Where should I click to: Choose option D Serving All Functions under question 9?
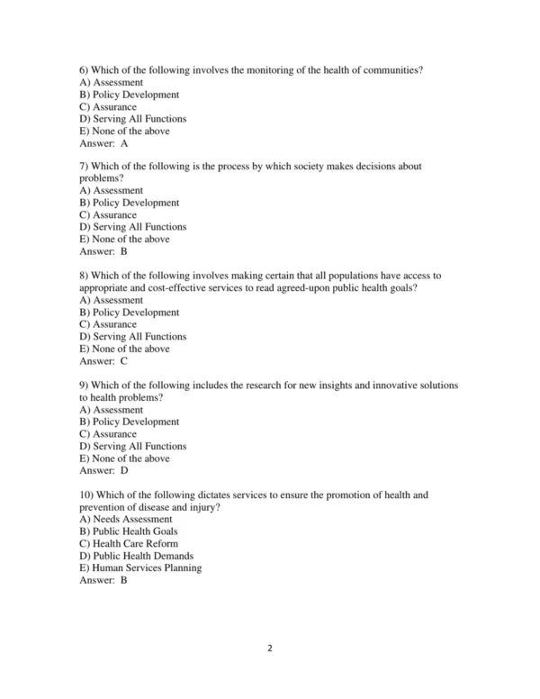click(132, 446)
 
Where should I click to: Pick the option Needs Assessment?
click(125, 519)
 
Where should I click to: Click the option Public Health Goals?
click(128, 531)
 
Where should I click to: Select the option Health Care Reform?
click(128, 544)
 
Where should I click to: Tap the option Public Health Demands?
click(136, 556)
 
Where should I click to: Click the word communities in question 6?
click(390, 70)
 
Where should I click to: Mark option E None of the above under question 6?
click(123, 131)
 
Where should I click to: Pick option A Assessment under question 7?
click(111, 191)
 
